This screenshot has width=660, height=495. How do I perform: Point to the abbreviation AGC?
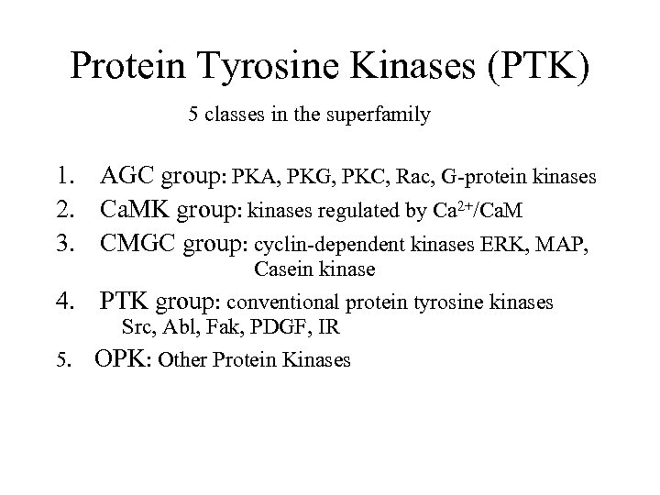pyautogui.click(x=127, y=174)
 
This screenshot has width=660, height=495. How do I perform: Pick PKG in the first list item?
pyautogui.click(x=304, y=175)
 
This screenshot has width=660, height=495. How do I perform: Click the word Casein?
pyautogui.click(x=280, y=269)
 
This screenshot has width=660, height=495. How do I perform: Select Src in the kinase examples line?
pyautogui.click(x=137, y=328)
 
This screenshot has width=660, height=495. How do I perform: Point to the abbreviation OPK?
pyautogui.click(x=122, y=359)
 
